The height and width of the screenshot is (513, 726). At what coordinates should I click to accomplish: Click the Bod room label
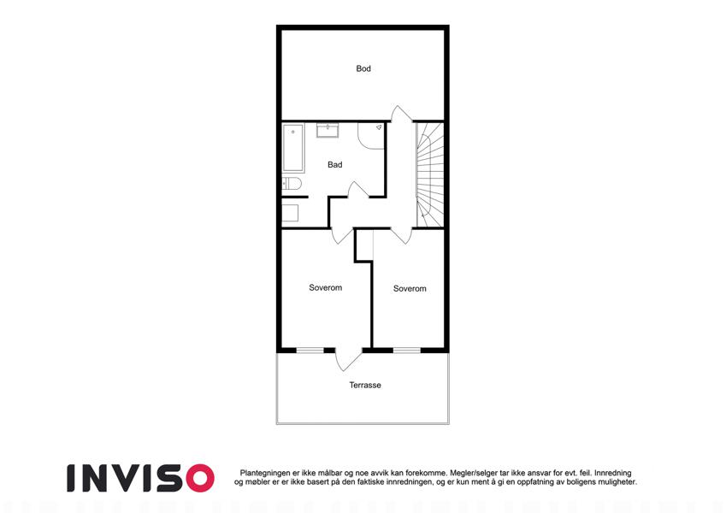(363, 68)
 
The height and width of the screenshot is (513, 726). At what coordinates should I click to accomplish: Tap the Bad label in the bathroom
(334, 164)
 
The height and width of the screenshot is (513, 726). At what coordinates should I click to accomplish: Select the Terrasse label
(365, 386)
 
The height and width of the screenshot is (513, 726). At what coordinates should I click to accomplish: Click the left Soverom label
(326, 287)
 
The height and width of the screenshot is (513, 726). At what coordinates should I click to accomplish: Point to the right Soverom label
(410, 288)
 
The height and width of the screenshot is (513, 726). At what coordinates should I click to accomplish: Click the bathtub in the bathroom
(293, 148)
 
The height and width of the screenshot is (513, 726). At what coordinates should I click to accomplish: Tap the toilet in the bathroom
(292, 184)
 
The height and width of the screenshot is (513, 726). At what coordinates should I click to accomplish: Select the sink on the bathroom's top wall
(328, 130)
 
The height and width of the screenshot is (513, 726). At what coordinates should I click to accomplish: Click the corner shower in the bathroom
(371, 136)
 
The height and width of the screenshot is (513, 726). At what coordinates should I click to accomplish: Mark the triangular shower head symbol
(379, 127)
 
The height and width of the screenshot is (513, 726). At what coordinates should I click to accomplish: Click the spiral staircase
(430, 174)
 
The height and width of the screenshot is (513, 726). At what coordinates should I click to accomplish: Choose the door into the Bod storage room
(401, 115)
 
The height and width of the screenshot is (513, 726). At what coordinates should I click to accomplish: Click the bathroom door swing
(358, 190)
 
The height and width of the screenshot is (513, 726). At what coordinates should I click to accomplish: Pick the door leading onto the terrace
(348, 360)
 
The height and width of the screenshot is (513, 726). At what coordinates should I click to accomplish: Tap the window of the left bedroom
(310, 351)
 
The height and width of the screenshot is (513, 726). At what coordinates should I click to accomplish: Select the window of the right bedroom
(407, 351)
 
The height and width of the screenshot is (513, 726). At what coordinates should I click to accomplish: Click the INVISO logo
(141, 478)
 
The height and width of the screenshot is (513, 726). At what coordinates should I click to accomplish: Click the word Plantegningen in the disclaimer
(265, 473)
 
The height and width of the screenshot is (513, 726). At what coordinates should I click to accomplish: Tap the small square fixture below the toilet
(290, 213)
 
